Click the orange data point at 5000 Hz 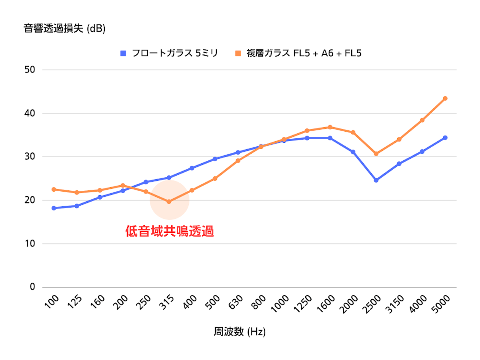[x=445, y=98]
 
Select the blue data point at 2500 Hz [x=376, y=180]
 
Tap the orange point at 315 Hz [x=169, y=202]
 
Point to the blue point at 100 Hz [x=54, y=208]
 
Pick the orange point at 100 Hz [x=54, y=189]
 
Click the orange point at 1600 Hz [x=330, y=127]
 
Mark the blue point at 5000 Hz [x=445, y=138]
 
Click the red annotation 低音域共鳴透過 [x=170, y=232]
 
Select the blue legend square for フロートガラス [x=123, y=53]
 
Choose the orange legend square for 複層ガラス [x=238, y=53]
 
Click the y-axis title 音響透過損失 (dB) [x=64, y=29]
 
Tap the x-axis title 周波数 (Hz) [x=240, y=332]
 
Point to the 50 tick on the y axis [x=30, y=70]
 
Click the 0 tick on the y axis [x=33, y=287]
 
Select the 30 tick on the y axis [x=30, y=157]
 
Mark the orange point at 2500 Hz [x=376, y=154]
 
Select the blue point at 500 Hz [x=215, y=159]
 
